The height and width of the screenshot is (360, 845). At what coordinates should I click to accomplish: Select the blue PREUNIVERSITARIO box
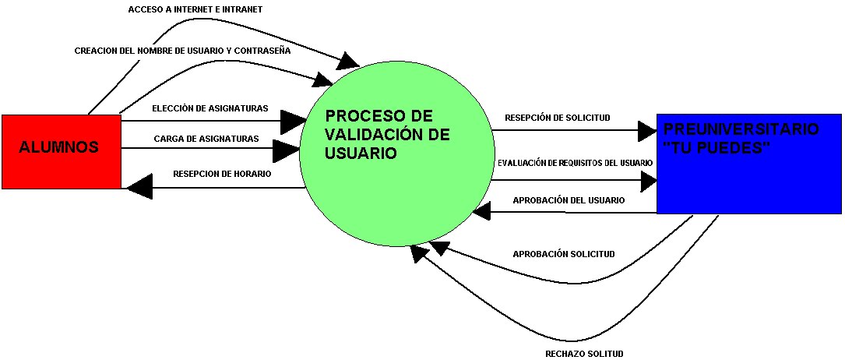pyautogui.click(x=748, y=164)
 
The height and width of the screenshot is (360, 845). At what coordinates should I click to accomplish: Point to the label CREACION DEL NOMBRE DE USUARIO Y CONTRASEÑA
pyautogui.click(x=183, y=51)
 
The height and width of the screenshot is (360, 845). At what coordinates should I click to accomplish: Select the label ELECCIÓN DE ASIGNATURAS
pyautogui.click(x=210, y=108)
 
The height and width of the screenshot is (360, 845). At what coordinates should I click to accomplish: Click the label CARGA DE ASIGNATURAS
pyautogui.click(x=206, y=139)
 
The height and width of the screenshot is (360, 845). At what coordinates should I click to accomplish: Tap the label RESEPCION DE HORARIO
pyautogui.click(x=222, y=174)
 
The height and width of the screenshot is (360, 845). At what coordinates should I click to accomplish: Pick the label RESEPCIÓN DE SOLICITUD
pyautogui.click(x=557, y=118)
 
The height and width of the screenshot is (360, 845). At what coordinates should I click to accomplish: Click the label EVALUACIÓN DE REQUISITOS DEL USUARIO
pyautogui.click(x=575, y=162)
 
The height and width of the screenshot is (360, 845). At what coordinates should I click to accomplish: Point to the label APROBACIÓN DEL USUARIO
pyautogui.click(x=569, y=200)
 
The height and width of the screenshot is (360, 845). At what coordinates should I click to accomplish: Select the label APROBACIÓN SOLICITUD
pyautogui.click(x=564, y=254)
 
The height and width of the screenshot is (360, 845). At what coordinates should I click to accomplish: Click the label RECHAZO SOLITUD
pyautogui.click(x=584, y=354)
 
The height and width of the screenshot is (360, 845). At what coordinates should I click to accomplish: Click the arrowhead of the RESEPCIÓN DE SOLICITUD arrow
pyautogui.click(x=646, y=131)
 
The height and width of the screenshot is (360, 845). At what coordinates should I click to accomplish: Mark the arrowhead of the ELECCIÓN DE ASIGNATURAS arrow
pyautogui.click(x=294, y=121)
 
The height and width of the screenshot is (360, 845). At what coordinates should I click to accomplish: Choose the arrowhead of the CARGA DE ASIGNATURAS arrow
pyautogui.click(x=286, y=150)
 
